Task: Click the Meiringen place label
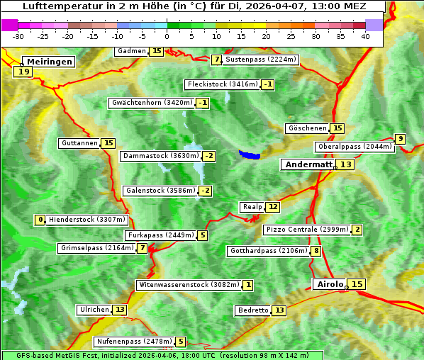[48, 62]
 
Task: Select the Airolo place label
[330, 284]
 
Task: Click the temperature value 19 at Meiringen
[23, 72]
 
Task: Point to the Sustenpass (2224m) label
[260, 60]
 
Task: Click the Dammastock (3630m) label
[160, 156]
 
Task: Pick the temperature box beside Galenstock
[206, 191]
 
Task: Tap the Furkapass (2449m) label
[160, 235]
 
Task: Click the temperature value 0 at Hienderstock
[40, 220]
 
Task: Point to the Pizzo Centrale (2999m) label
[308, 230]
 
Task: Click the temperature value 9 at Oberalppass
[401, 139]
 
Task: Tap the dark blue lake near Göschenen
[250, 154]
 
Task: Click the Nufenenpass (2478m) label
[134, 342]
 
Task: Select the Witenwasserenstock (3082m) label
[188, 285]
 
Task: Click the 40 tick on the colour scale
[365, 35]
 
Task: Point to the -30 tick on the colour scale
[18, 35]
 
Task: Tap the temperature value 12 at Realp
[273, 207]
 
